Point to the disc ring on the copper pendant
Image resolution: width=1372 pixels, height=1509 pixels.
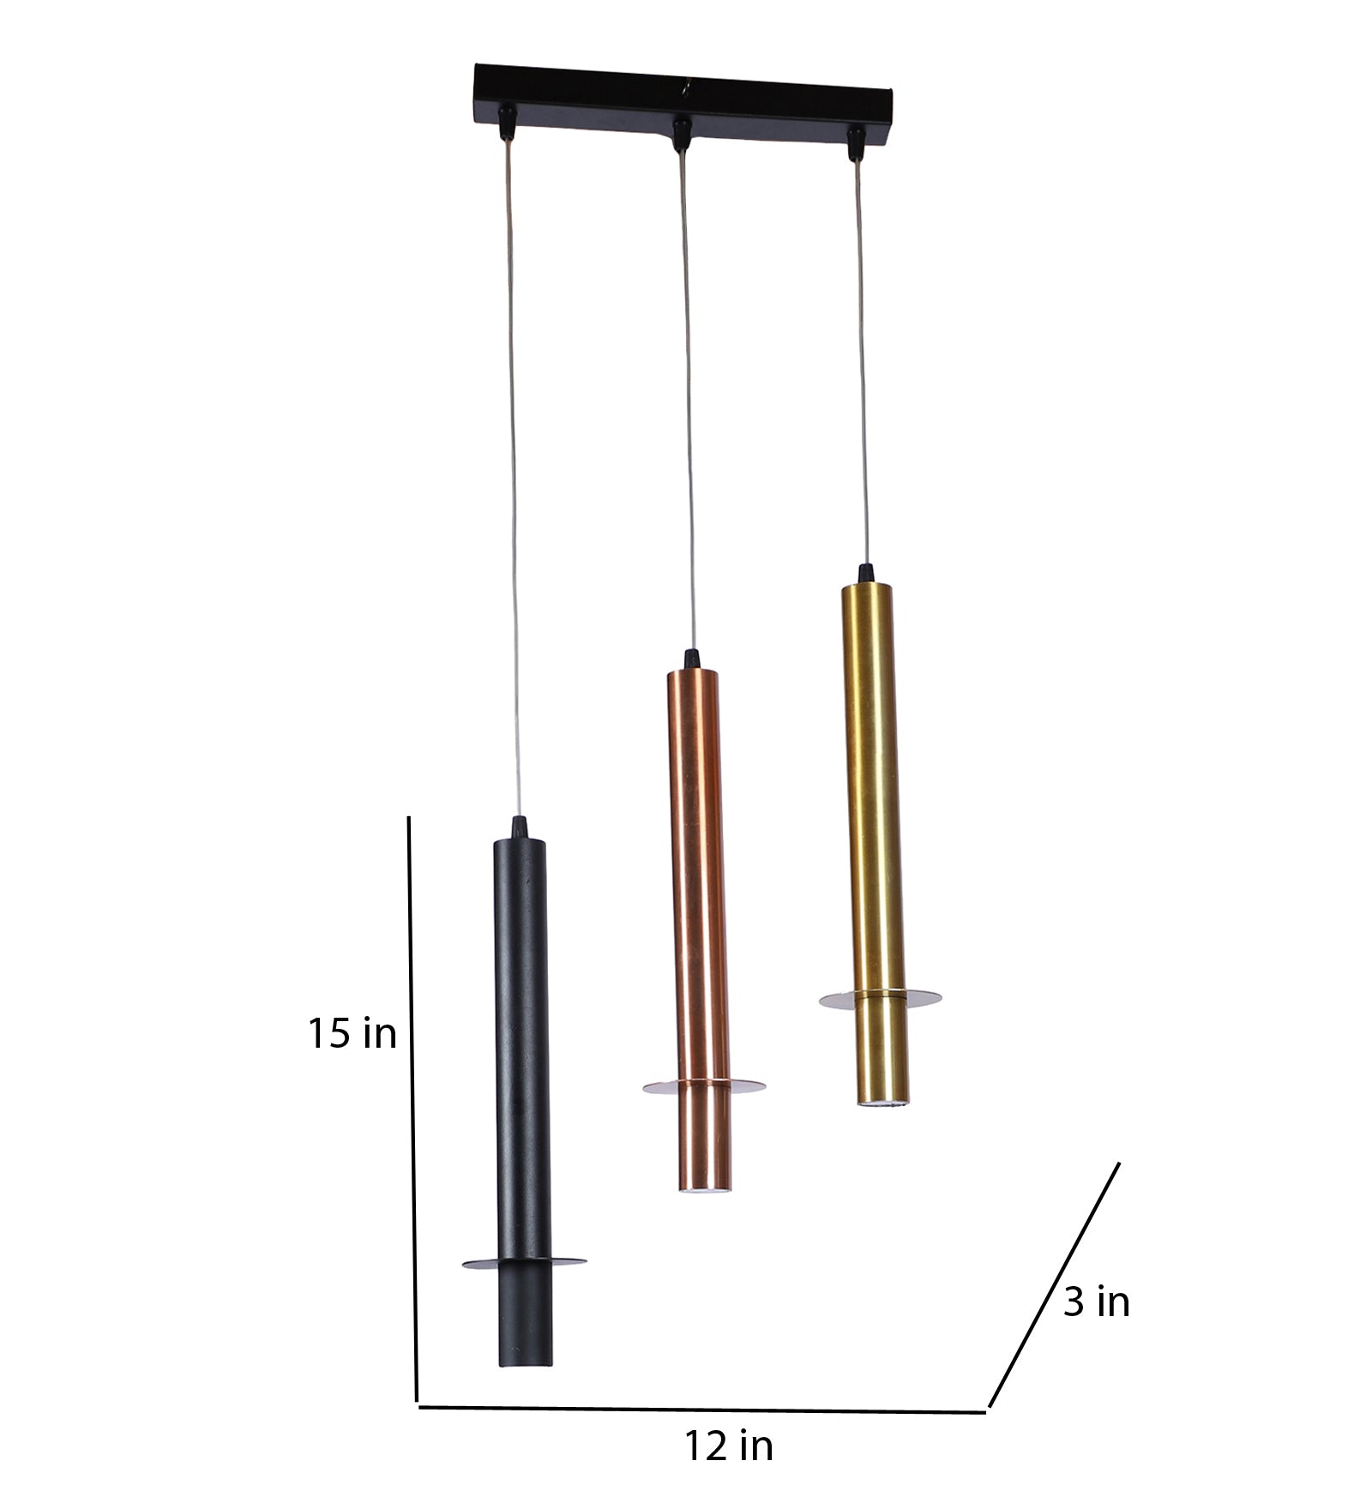pos(703,1086)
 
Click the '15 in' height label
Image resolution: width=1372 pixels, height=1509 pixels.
pos(352,1034)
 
